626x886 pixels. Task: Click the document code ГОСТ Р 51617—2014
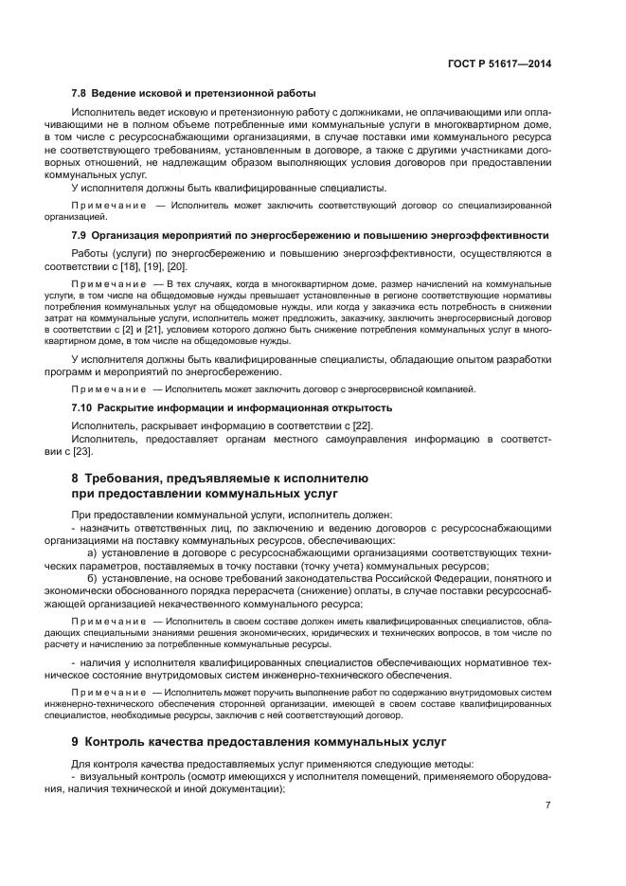(x=500, y=63)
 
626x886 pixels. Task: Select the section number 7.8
(x=80, y=93)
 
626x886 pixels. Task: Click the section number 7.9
(x=80, y=233)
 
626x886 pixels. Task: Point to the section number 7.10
(x=82, y=407)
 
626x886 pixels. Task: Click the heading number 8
(x=76, y=479)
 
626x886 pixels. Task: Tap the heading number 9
(x=76, y=741)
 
